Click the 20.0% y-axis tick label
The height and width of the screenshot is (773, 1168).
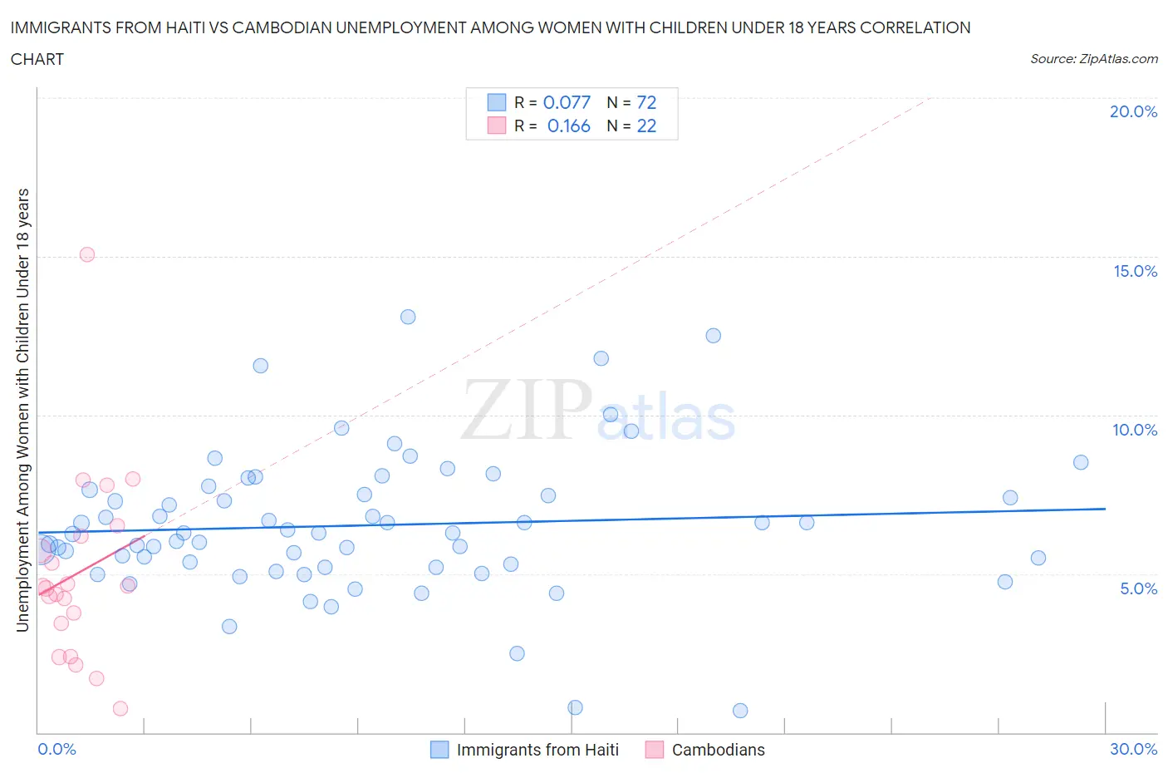coord(1133,111)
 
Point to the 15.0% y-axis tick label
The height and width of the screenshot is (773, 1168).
coord(1135,271)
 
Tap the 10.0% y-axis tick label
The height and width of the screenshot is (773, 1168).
coord(1135,430)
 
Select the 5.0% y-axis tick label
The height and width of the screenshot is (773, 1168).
coord(1138,588)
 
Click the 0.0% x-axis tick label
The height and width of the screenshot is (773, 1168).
coord(56,749)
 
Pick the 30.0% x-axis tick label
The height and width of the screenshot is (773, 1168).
coord(1133,749)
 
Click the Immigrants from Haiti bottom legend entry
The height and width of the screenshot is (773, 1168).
coord(537,750)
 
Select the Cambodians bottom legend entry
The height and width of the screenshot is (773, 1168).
coord(718,750)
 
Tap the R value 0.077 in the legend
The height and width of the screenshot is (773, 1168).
coord(567,102)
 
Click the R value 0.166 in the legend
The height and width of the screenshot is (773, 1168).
coord(568,126)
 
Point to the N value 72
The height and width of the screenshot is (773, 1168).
coord(646,102)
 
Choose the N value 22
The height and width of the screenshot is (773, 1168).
coord(646,126)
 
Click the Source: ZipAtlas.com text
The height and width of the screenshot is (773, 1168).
coord(1093,58)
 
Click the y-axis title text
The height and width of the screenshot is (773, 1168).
coord(22,410)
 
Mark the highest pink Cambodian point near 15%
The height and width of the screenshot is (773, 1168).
coord(87,254)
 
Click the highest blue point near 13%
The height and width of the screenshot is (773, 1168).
coord(408,317)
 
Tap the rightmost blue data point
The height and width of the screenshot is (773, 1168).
coord(1081,462)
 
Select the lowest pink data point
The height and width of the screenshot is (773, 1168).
coord(120,708)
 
